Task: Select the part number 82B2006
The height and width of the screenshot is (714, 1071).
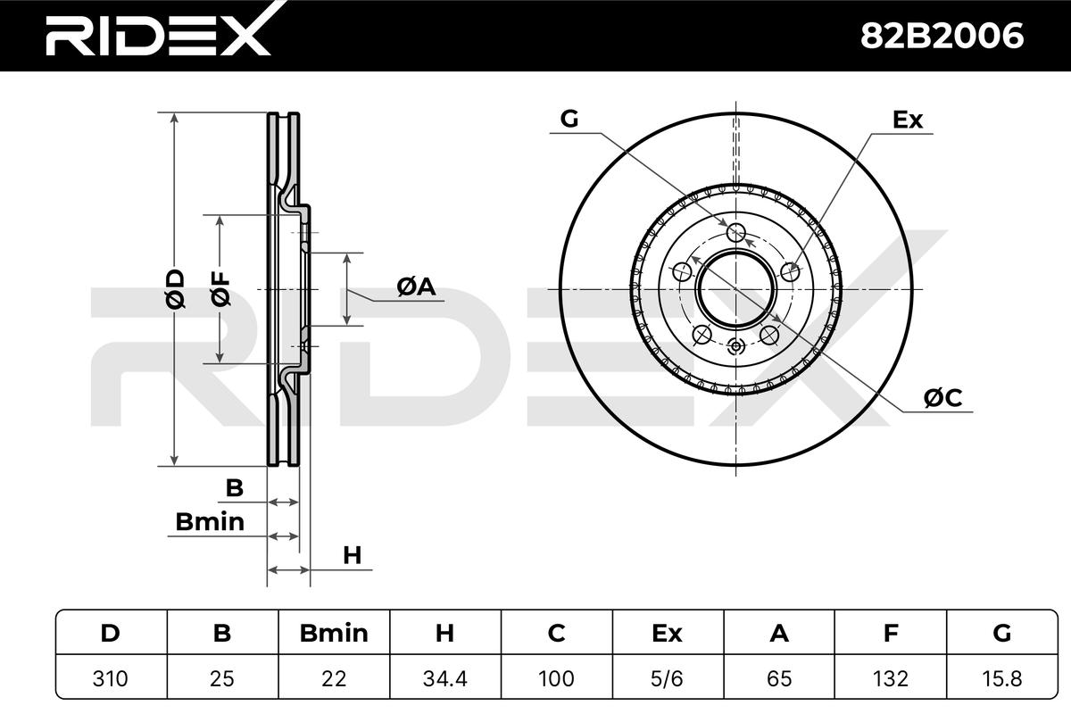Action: [x=942, y=36]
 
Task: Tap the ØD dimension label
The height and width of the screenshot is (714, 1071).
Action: [x=175, y=289]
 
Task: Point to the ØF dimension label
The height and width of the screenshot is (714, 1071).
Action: [x=220, y=289]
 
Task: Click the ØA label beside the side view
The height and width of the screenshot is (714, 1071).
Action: [x=416, y=287]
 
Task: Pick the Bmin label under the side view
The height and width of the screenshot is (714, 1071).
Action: [x=210, y=522]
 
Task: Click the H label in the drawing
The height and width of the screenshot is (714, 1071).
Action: [x=353, y=556]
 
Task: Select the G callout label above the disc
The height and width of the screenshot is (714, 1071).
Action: [x=569, y=119]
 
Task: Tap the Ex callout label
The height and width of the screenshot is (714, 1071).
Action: [x=908, y=120]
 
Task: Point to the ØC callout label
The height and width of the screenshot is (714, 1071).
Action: [x=942, y=398]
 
